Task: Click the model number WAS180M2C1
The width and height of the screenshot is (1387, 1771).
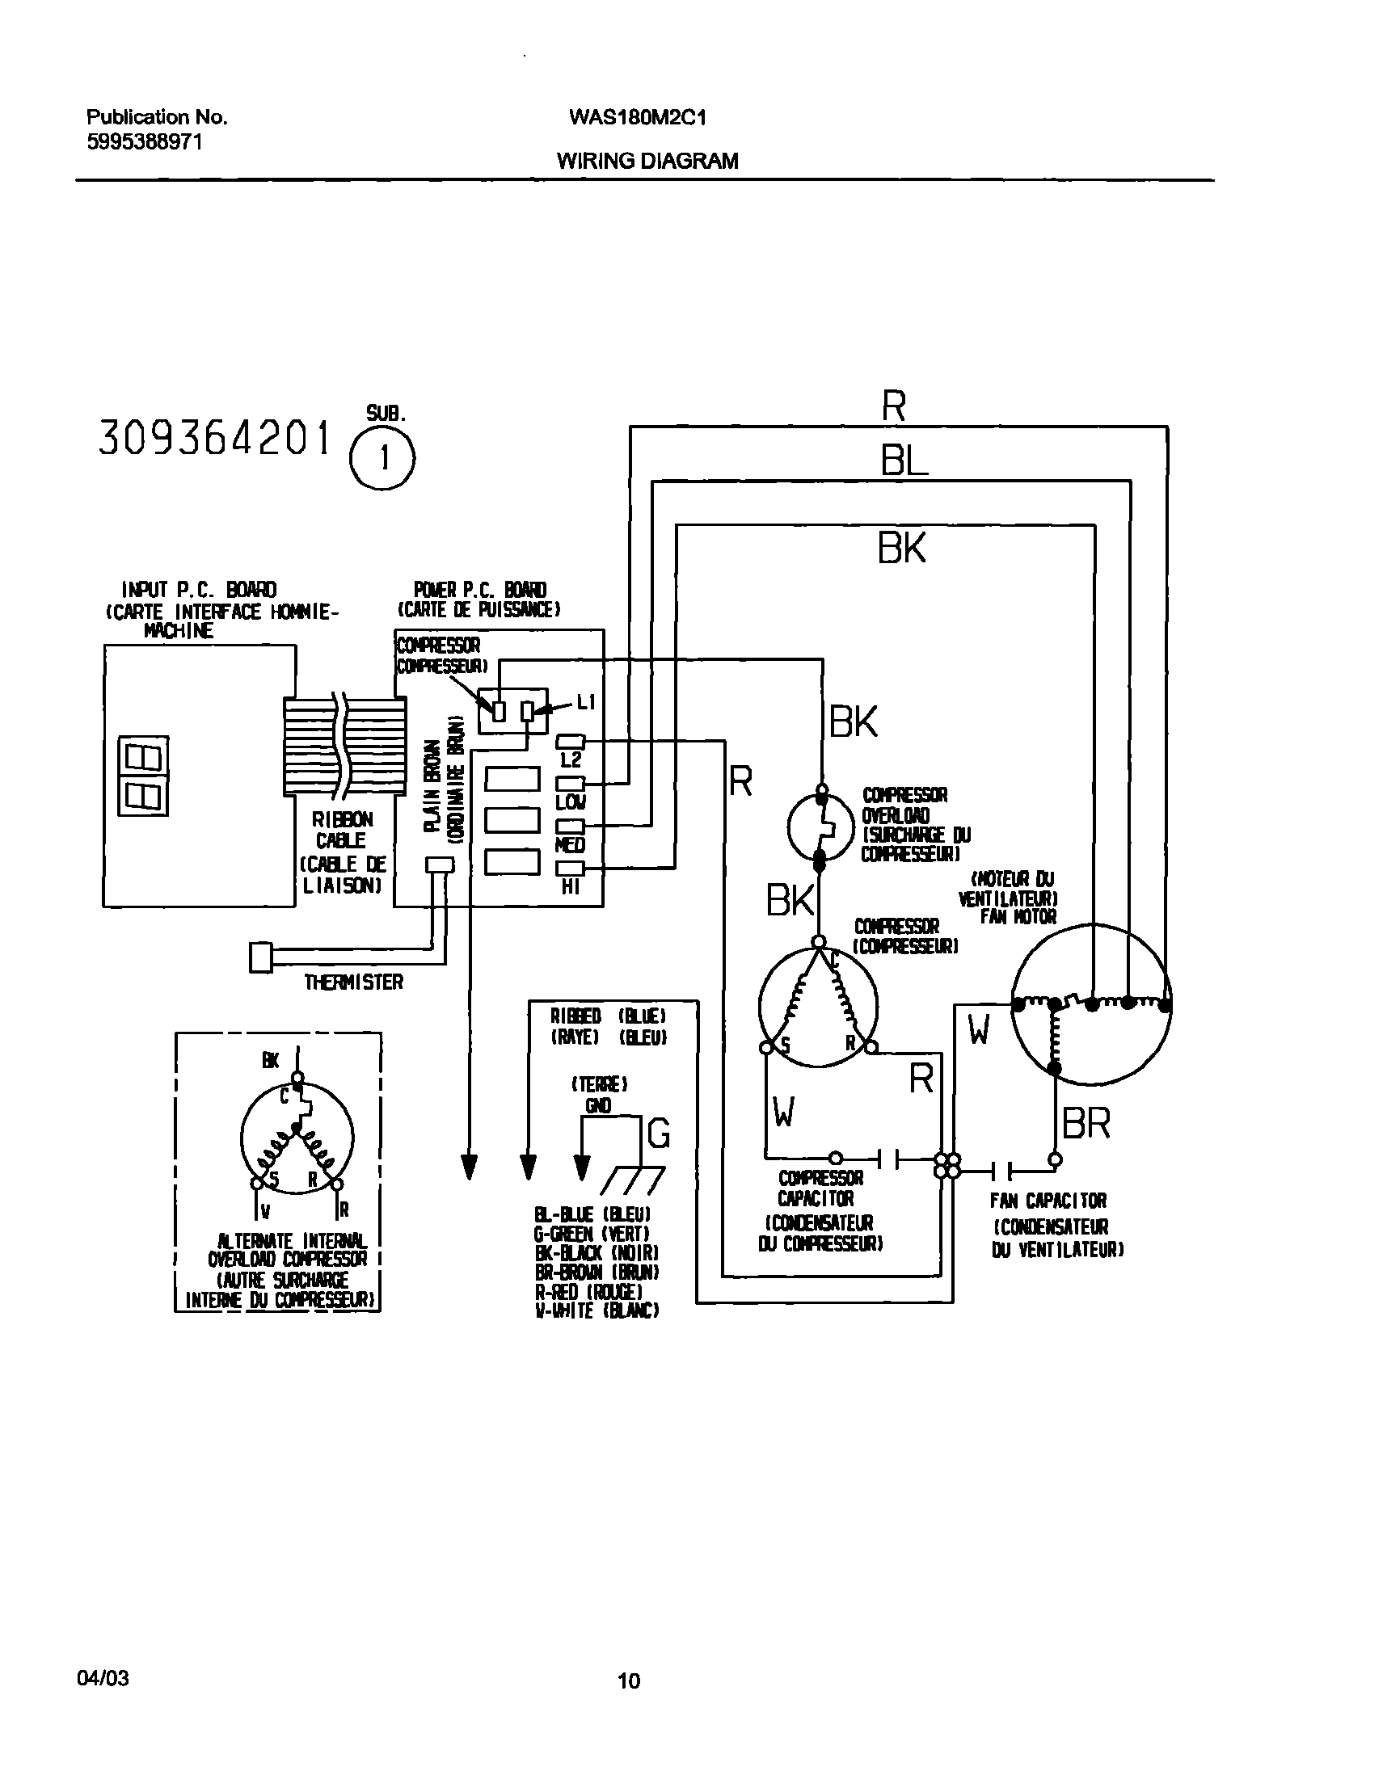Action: (x=638, y=118)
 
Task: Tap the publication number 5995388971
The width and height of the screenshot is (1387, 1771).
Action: (x=145, y=142)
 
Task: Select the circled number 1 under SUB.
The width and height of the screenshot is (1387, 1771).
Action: (x=382, y=460)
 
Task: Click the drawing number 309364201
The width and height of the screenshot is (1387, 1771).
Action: (x=215, y=439)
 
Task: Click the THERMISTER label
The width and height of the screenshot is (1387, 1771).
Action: (x=353, y=983)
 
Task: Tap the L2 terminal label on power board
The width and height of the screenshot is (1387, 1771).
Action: (x=571, y=759)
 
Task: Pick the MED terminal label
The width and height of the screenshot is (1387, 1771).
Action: (x=570, y=846)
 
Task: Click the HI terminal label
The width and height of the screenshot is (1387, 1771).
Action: (x=571, y=887)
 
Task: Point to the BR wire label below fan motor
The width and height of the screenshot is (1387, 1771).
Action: (x=1086, y=1123)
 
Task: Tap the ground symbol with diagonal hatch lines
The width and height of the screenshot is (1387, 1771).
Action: (x=634, y=1181)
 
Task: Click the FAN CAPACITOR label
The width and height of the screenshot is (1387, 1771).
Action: (x=1048, y=1201)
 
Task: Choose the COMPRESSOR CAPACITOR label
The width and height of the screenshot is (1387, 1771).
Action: (x=820, y=1188)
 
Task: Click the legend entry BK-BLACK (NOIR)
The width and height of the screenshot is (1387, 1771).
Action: (x=597, y=1253)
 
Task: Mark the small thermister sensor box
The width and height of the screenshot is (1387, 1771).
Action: (x=259, y=957)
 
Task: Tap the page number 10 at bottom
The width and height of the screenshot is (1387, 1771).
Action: (x=629, y=1681)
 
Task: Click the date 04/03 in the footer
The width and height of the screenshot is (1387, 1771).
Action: (x=103, y=1677)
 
